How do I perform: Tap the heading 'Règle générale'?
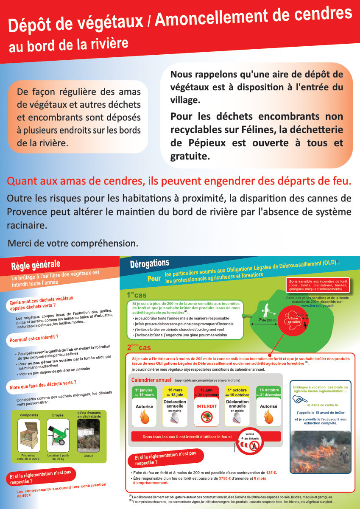click(x=36, y=266)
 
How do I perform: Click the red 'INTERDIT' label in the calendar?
click(x=207, y=406)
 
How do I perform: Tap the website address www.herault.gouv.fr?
click(x=318, y=305)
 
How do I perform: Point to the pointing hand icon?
click(x=300, y=399)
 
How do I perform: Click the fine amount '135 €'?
click(x=271, y=473)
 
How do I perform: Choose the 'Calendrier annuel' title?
click(x=151, y=380)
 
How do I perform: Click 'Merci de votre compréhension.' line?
click(x=73, y=243)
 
